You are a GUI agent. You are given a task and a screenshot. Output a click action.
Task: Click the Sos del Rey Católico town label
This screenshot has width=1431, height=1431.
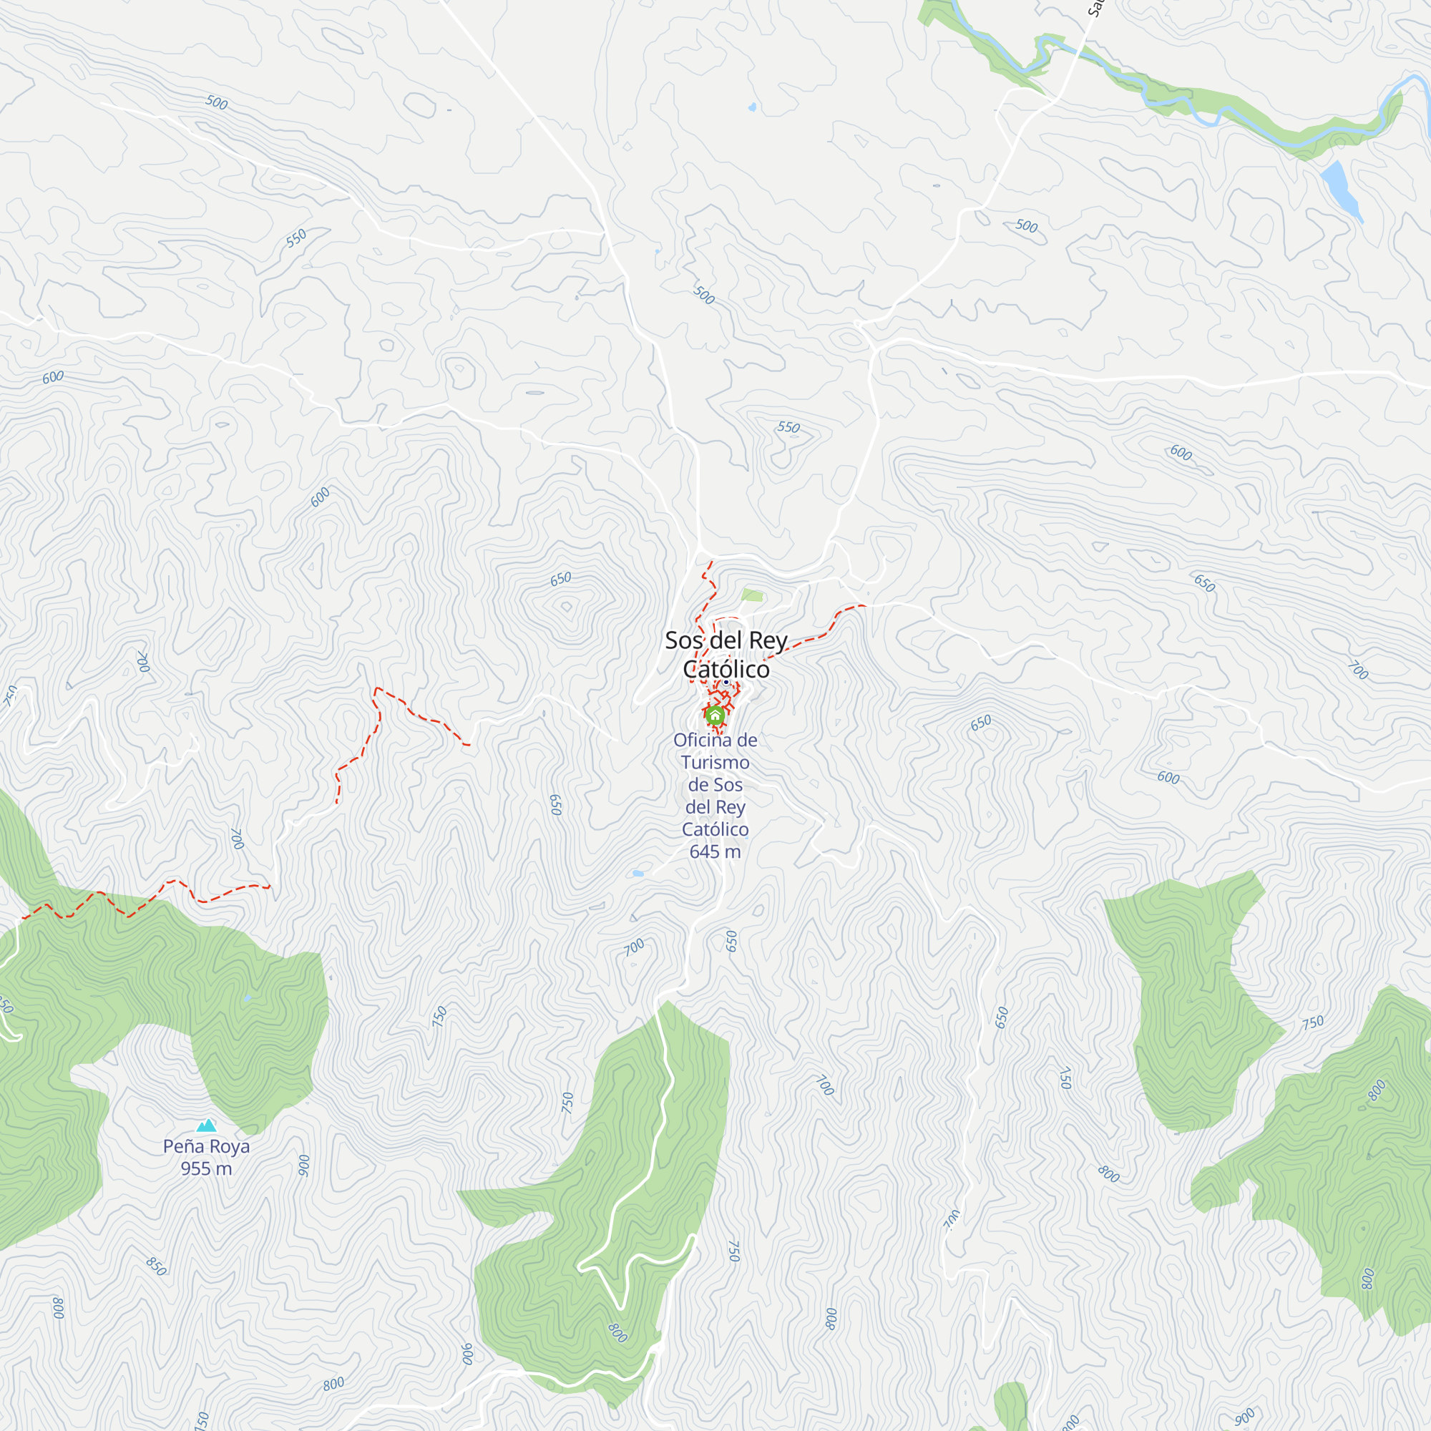[725, 654]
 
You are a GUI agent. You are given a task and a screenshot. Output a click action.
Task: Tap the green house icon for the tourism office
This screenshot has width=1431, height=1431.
[715, 715]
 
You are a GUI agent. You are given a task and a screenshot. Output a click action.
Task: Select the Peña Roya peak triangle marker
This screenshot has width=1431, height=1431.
[206, 1125]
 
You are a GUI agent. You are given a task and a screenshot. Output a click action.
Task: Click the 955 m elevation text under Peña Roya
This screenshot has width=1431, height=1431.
[206, 1168]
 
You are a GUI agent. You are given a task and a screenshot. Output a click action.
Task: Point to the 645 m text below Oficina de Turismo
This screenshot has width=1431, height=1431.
[715, 851]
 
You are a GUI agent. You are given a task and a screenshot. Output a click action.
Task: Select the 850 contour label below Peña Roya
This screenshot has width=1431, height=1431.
[156, 1266]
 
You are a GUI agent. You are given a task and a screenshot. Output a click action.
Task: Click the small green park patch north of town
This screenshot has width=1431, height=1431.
[752, 595]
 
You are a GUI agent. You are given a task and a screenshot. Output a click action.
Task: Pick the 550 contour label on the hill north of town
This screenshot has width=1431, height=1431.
[788, 427]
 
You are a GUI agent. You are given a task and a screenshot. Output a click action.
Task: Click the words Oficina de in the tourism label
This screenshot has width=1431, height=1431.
[715, 740]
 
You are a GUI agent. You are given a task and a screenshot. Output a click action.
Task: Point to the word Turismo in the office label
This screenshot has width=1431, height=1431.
[715, 762]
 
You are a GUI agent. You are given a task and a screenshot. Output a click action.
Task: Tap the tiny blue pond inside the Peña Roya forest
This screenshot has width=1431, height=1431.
[248, 998]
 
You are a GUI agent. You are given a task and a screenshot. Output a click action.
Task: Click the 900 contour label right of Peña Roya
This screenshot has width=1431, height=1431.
[303, 1165]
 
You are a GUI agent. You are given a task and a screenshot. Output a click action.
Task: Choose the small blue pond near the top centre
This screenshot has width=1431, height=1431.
[753, 107]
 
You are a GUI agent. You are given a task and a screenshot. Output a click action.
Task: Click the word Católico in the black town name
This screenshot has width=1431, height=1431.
[726, 669]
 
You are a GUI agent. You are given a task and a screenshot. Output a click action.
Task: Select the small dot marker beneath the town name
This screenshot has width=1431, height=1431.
[726, 682]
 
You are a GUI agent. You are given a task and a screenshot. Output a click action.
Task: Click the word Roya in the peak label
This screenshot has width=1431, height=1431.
[230, 1146]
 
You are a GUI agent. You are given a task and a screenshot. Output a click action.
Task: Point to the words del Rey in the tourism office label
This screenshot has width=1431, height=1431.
[715, 806]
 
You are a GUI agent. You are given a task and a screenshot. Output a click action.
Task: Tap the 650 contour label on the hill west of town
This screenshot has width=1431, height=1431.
[561, 578]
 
